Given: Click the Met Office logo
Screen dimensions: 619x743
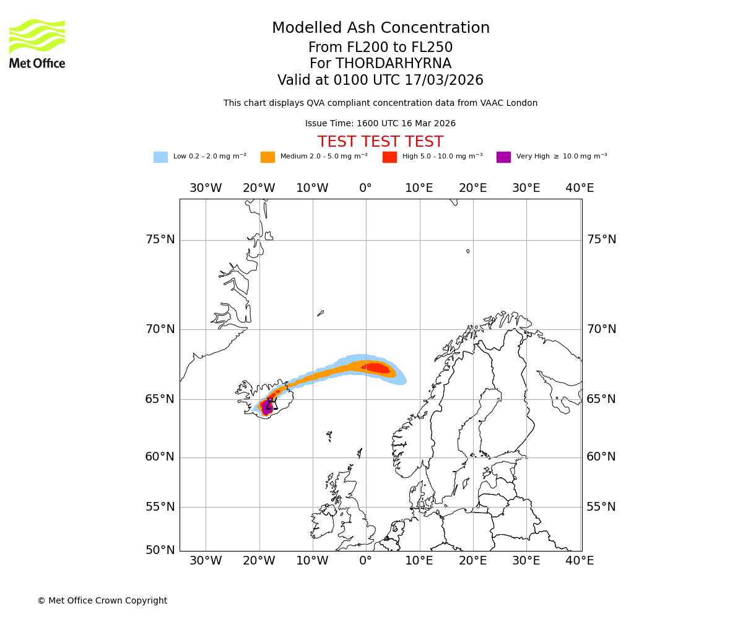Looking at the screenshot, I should pyautogui.click(x=37, y=43).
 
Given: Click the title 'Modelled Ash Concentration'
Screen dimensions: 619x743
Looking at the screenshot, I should pyautogui.click(x=380, y=28).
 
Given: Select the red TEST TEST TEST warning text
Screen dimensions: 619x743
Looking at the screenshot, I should pyautogui.click(x=380, y=142).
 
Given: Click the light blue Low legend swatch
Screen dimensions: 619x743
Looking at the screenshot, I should pyautogui.click(x=160, y=157).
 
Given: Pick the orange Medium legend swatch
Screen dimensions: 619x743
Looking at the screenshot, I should pyautogui.click(x=267, y=157).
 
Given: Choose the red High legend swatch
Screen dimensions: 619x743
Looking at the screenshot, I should pyautogui.click(x=389, y=157).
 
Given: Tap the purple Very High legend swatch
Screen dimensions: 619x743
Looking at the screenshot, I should pyautogui.click(x=503, y=157).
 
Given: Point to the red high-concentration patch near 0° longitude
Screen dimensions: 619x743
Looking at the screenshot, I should pyautogui.click(x=376, y=368).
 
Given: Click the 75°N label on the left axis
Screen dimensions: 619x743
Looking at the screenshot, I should pyautogui.click(x=160, y=240).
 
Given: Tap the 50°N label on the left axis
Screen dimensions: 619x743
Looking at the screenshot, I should pyautogui.click(x=160, y=550).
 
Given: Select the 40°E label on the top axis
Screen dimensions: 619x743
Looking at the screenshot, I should pyautogui.click(x=580, y=188).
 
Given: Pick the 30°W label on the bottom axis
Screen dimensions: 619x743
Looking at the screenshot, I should pyautogui.click(x=206, y=561).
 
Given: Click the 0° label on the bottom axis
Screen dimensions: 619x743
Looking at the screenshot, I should pyautogui.click(x=365, y=561).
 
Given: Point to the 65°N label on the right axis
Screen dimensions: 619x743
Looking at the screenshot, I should pyautogui.click(x=601, y=399).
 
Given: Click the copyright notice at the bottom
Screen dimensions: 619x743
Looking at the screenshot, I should pyautogui.click(x=102, y=600).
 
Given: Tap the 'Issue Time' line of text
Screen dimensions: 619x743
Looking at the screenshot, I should pyautogui.click(x=380, y=123).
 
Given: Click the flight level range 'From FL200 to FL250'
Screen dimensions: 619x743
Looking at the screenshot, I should pyautogui.click(x=380, y=48).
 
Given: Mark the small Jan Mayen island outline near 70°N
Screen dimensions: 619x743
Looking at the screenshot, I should pyautogui.click(x=321, y=313).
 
